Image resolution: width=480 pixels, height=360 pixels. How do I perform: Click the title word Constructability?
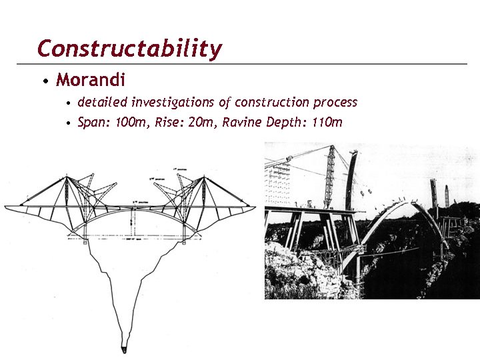(x=129, y=49)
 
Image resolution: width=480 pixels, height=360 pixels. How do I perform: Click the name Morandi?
(x=91, y=81)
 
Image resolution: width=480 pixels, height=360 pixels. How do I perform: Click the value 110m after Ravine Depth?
(x=327, y=122)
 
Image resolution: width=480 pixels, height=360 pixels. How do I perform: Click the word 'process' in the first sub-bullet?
(x=333, y=103)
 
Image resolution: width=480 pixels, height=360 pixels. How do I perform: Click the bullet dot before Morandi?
(x=44, y=82)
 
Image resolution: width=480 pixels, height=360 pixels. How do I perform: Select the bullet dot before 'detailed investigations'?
(x=69, y=104)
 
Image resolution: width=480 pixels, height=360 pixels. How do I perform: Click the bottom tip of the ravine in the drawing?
(x=125, y=348)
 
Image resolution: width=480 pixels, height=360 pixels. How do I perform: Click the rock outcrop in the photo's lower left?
(x=293, y=273)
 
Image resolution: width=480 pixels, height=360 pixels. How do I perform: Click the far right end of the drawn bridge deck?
(x=254, y=207)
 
